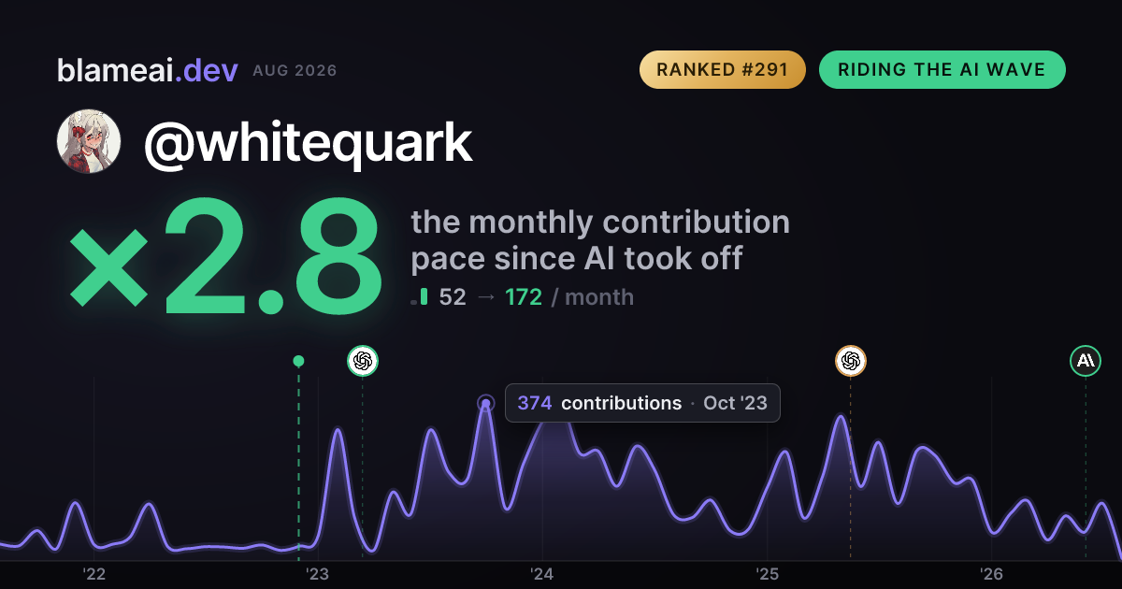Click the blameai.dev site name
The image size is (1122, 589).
pyautogui.click(x=148, y=70)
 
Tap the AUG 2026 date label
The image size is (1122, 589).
pyautogui.click(x=295, y=71)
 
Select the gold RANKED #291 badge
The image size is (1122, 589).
pyautogui.click(x=722, y=69)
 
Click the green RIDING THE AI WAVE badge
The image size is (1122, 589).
pyautogui.click(x=942, y=69)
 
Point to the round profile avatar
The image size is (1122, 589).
pyautogui.click(x=89, y=141)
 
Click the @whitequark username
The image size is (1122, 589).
pyautogui.click(x=308, y=143)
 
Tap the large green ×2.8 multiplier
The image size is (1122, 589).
pyautogui.click(x=225, y=255)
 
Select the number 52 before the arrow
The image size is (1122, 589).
pyautogui.click(x=453, y=297)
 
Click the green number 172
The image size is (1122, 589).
pyautogui.click(x=524, y=297)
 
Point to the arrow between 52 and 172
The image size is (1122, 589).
pyautogui.click(x=486, y=297)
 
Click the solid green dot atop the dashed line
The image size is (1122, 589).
pyautogui.click(x=298, y=361)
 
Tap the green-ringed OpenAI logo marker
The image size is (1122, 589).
pyautogui.click(x=363, y=361)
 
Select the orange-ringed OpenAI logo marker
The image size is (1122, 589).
pyautogui.click(x=851, y=361)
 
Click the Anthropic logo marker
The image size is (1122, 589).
pyautogui.click(x=1086, y=361)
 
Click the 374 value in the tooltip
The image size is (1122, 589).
pyautogui.click(x=535, y=403)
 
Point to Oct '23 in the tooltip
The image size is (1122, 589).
pyautogui.click(x=735, y=403)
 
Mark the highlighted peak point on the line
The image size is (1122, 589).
pyautogui.click(x=485, y=403)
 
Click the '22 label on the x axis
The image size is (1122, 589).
pyautogui.click(x=93, y=574)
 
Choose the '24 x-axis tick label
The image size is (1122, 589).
pyautogui.click(x=542, y=574)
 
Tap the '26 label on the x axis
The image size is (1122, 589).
pyautogui.click(x=991, y=574)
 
